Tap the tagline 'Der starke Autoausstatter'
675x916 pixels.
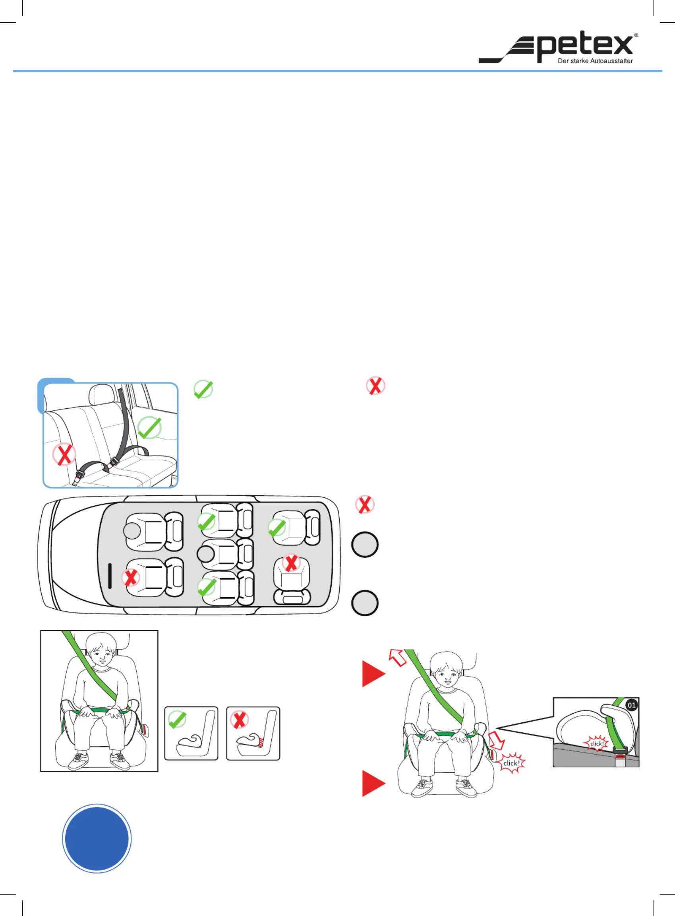[x=595, y=61]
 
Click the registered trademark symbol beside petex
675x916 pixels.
[x=636, y=35]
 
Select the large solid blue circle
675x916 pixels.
[x=97, y=838]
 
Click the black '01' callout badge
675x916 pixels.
[x=632, y=705]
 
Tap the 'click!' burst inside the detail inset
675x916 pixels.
[x=597, y=743]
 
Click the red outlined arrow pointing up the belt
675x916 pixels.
[x=397, y=658]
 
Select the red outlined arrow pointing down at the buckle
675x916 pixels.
[x=497, y=740]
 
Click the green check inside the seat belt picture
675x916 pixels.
[x=149, y=428]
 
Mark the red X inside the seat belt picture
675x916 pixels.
[x=64, y=454]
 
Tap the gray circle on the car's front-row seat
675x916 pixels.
[x=132, y=531]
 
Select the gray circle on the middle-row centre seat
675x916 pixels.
[x=205, y=554]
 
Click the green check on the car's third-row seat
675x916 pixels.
[x=277, y=528]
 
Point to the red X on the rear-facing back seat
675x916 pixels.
[x=291, y=563]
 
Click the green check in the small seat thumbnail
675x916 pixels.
[x=177, y=719]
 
